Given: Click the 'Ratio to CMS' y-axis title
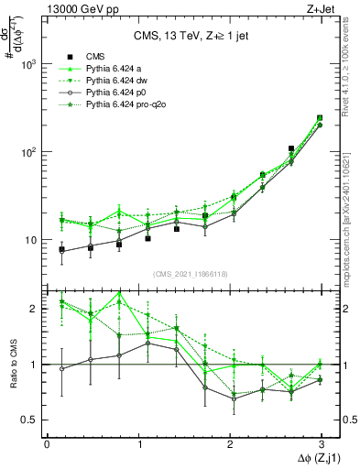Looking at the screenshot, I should [12, 364].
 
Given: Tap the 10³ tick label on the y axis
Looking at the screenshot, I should [27, 65].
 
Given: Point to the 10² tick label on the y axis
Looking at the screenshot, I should [27, 152].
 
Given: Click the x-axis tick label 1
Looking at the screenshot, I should [138, 443].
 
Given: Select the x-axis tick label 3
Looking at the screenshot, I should [322, 443].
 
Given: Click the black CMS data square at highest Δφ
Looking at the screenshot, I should [319, 118].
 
